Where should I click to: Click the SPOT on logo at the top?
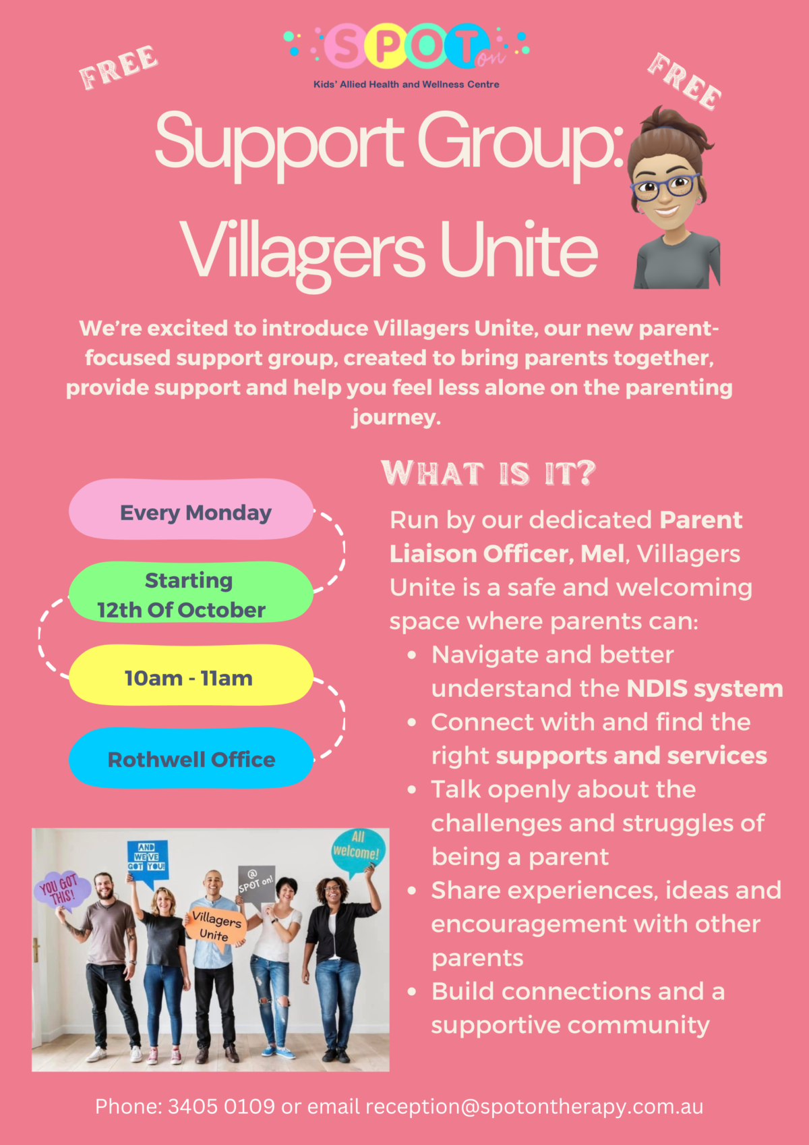coord(407,55)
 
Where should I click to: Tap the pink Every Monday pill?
coord(191,509)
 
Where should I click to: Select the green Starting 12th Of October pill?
coord(191,592)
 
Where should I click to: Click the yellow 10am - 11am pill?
coord(191,675)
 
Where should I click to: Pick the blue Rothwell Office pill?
coord(191,758)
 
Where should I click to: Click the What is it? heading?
coord(488,473)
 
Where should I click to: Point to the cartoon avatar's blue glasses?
coord(665,187)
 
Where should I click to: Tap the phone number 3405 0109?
coord(221,1107)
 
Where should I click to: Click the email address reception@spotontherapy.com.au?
coord(534,1107)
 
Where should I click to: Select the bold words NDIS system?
coord(705,688)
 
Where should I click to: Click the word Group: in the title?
coord(521,144)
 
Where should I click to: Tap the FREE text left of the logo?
coord(119,67)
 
